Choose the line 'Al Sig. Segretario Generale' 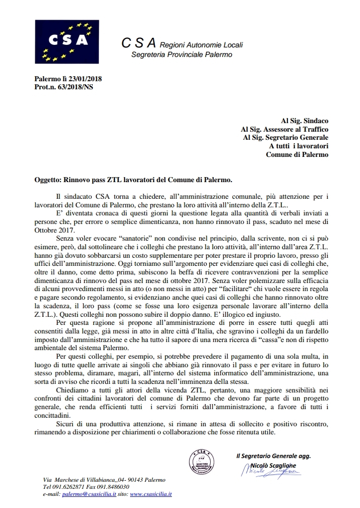(285, 137)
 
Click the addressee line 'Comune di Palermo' (297, 154)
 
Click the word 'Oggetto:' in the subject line (48, 179)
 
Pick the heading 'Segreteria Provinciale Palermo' (182, 54)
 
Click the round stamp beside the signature (202, 462)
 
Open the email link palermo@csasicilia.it (89, 494)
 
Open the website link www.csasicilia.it (151, 494)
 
